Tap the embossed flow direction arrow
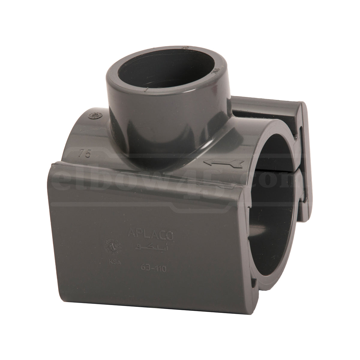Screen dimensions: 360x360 point(223,163)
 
